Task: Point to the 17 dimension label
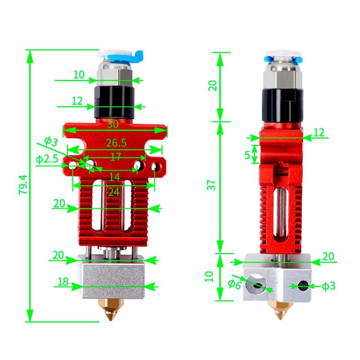point(115,157)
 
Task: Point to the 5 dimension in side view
point(247,154)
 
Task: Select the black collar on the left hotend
point(115,101)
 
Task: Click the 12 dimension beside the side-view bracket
point(319,132)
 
